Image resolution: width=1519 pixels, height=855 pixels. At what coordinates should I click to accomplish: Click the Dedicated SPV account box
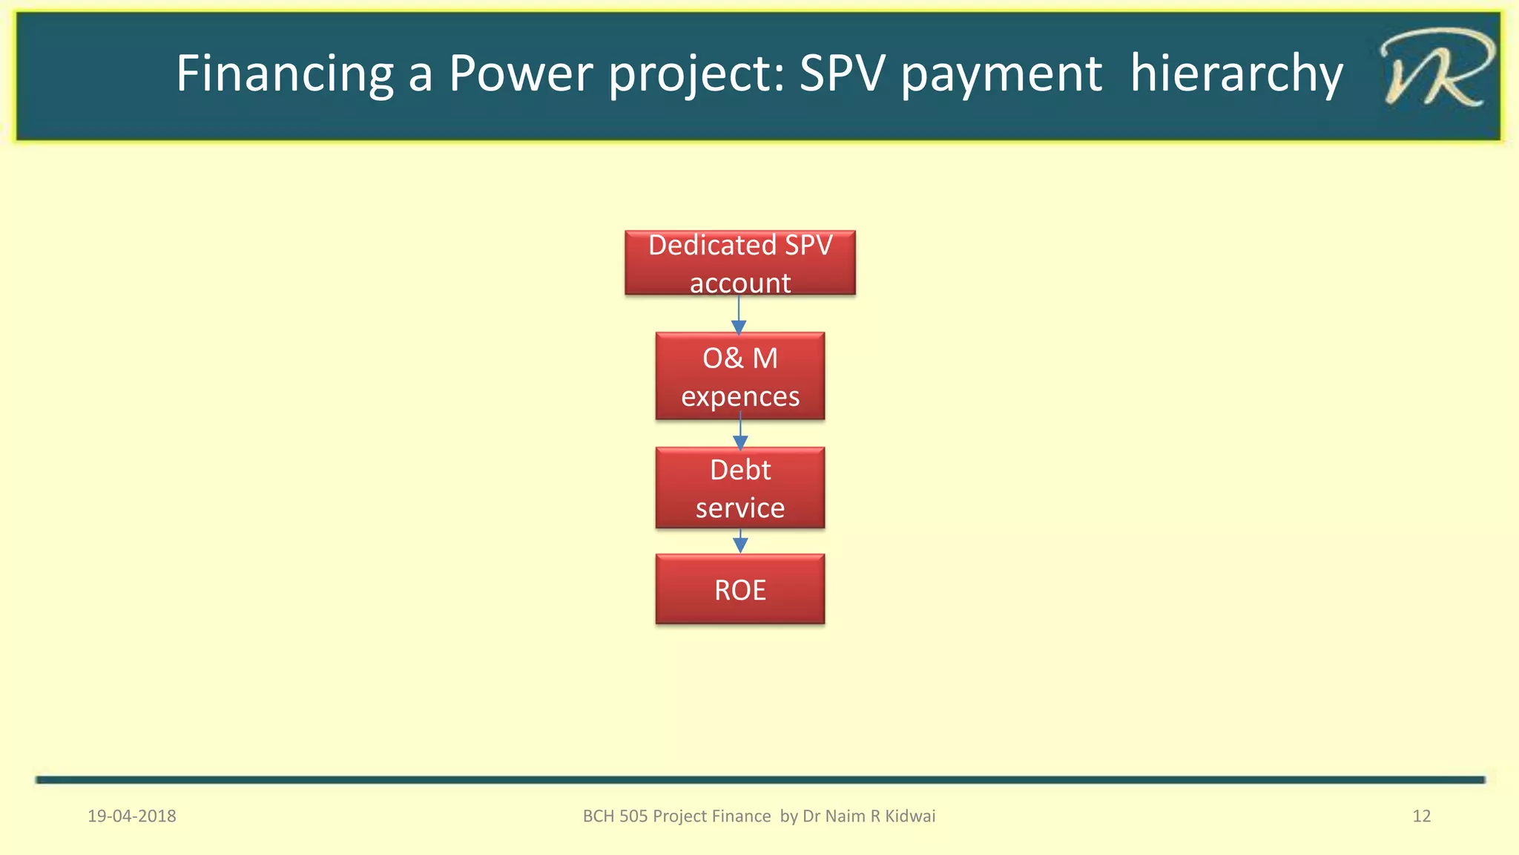click(739, 263)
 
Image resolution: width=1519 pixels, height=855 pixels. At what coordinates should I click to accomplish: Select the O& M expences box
click(739, 376)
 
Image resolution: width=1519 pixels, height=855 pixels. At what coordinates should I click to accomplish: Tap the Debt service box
click(739, 488)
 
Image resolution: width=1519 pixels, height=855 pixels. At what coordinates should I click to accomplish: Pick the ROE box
click(739, 589)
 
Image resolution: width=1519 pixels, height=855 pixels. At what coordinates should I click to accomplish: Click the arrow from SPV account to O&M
click(739, 315)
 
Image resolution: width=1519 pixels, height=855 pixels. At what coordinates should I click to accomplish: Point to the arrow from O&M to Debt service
click(740, 433)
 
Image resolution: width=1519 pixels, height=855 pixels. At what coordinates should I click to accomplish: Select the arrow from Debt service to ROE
click(740, 542)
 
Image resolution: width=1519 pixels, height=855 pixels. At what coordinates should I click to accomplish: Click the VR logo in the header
click(1434, 69)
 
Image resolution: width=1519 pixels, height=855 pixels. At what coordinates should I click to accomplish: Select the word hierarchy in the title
click(1236, 73)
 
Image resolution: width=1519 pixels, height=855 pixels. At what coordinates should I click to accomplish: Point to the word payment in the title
click(1001, 73)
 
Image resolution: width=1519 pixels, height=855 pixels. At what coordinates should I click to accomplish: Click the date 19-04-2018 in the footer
click(132, 816)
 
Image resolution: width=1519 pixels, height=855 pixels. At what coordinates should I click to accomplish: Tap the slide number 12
click(1421, 816)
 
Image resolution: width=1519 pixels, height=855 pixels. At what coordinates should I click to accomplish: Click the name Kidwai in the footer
click(910, 816)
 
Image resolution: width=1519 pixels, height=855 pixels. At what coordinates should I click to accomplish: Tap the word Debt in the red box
click(739, 470)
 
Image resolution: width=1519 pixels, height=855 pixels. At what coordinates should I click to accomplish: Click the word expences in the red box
click(740, 397)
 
